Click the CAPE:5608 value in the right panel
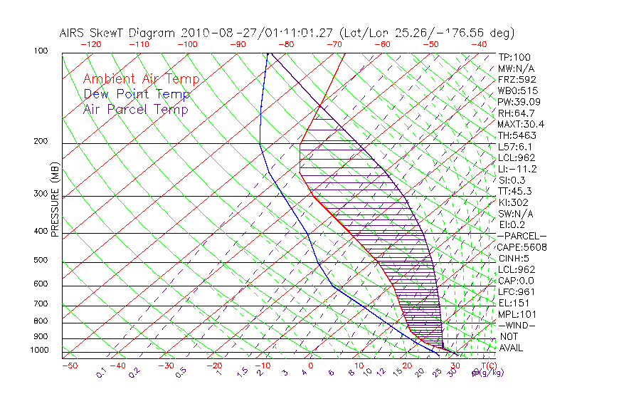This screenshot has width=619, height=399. (x=522, y=247)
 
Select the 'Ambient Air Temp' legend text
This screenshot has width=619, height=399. (x=141, y=80)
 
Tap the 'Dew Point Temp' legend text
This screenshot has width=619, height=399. (x=136, y=95)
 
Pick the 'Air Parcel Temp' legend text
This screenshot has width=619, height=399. (x=135, y=110)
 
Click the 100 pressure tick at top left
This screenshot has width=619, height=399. (x=41, y=51)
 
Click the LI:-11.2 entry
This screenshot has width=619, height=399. (x=517, y=169)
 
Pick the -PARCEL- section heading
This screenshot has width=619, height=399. (x=522, y=236)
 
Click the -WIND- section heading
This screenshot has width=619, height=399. (x=517, y=325)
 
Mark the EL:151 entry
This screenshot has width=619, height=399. (x=513, y=303)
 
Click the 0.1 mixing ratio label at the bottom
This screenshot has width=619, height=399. (x=102, y=372)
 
